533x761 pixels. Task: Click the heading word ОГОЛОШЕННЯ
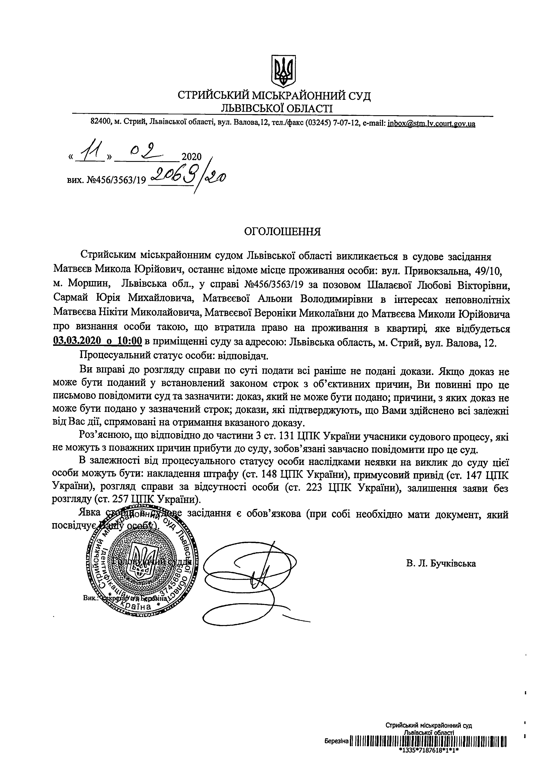click(x=282, y=231)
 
